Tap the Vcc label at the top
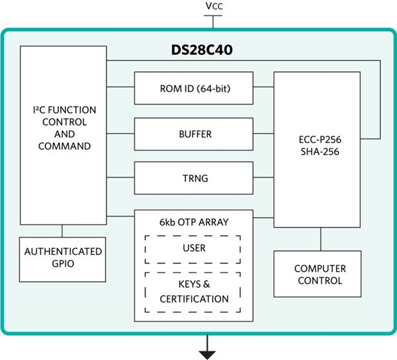[214, 6]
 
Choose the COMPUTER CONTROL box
[318, 274]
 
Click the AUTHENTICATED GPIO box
[63, 257]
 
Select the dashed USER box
[193, 247]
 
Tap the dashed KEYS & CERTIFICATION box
[193, 292]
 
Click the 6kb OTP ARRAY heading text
[193, 222]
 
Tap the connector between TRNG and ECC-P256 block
[263, 178]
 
